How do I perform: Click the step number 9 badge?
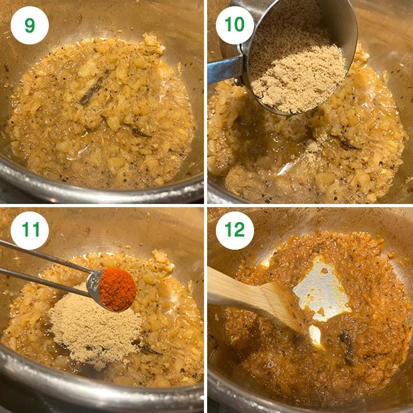[x=29, y=25]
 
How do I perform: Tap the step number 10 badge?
[x=235, y=25]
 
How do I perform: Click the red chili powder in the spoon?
[x=118, y=289]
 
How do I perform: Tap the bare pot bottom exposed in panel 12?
[x=322, y=294]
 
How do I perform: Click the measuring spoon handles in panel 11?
[x=44, y=266]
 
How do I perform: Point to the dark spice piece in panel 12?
[x=346, y=341]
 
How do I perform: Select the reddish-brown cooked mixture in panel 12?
[x=363, y=282]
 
